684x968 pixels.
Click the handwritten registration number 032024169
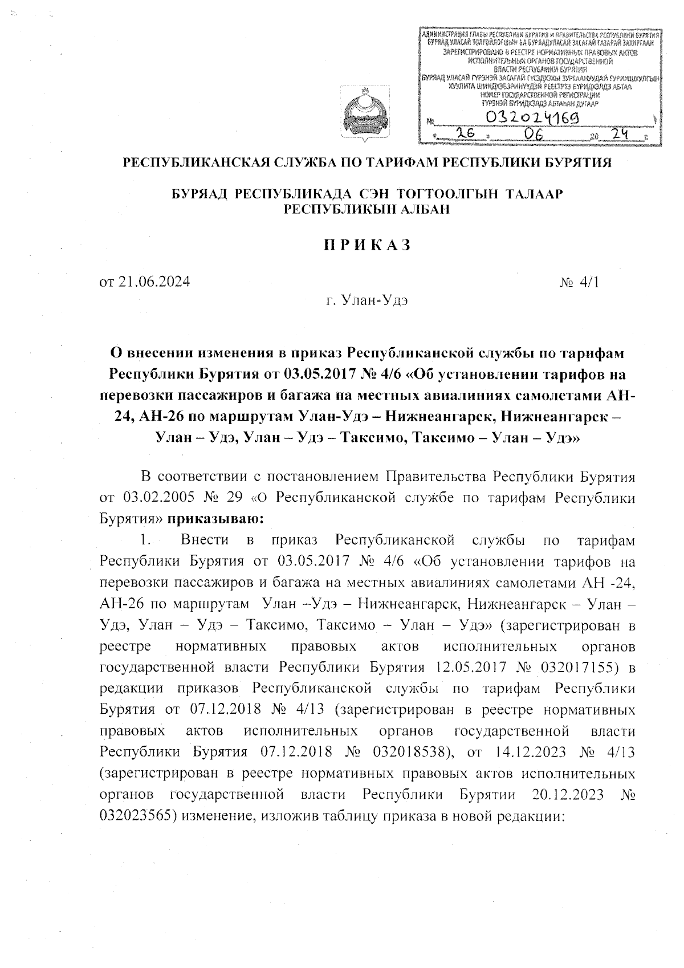(530, 119)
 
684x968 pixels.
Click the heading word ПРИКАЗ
(368, 245)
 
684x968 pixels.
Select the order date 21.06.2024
(145, 282)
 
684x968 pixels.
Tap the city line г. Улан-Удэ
(367, 300)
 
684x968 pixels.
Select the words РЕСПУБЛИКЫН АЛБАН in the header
(367, 209)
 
